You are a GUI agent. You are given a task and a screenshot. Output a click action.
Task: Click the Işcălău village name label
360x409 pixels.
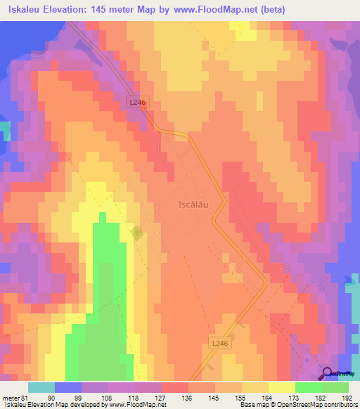click(191, 205)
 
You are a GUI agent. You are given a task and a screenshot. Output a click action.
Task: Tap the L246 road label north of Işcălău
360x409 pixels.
click(138, 102)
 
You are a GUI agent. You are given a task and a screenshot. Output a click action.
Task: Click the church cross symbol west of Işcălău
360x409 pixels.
click(136, 233)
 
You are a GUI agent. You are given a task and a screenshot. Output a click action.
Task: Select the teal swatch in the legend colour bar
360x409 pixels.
click(41, 387)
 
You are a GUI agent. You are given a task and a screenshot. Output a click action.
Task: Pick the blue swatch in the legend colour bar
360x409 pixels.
click(67, 387)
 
